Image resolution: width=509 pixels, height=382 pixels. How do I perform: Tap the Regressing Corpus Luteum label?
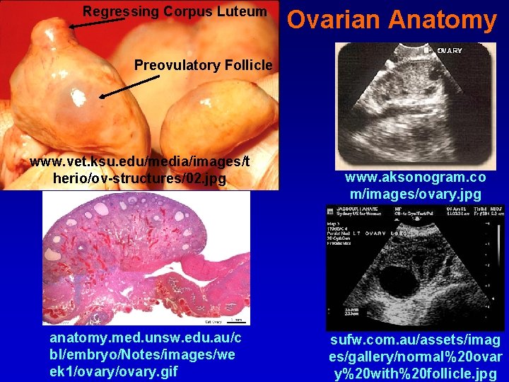[x=175, y=11]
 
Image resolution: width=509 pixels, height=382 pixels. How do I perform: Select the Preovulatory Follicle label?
[x=203, y=65]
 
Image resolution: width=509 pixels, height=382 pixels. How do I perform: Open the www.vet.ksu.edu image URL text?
[x=140, y=170]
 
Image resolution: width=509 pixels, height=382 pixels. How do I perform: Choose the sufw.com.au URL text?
[x=415, y=357]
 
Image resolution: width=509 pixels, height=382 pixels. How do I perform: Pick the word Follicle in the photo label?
[x=248, y=65]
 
